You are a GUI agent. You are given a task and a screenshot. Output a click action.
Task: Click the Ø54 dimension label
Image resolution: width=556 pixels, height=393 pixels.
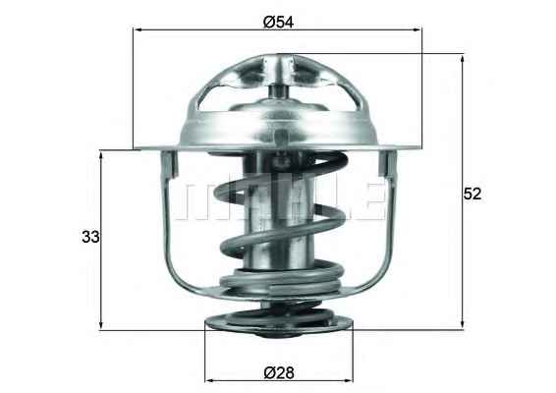point(278,22)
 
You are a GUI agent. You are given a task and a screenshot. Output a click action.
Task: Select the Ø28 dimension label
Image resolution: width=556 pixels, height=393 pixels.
point(279,372)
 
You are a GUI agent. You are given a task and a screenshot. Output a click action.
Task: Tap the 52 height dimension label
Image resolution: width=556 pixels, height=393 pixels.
point(473,194)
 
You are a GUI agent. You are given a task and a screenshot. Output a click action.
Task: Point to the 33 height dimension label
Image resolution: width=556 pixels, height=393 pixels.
point(90,237)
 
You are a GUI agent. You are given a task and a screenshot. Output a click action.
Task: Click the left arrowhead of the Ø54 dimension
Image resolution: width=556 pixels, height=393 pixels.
point(138,30)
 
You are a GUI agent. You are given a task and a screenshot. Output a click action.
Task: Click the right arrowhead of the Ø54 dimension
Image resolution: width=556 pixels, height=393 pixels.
point(417,30)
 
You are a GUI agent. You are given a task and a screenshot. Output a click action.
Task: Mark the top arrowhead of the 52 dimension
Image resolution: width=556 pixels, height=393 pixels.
point(462,59)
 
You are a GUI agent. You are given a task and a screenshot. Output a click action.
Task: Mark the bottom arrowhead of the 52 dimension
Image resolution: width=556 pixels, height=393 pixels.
point(462,325)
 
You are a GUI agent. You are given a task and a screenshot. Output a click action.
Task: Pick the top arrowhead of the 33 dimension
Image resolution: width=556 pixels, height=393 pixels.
point(101,155)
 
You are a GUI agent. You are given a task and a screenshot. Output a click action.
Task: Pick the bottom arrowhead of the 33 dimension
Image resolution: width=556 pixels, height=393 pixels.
point(101,325)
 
